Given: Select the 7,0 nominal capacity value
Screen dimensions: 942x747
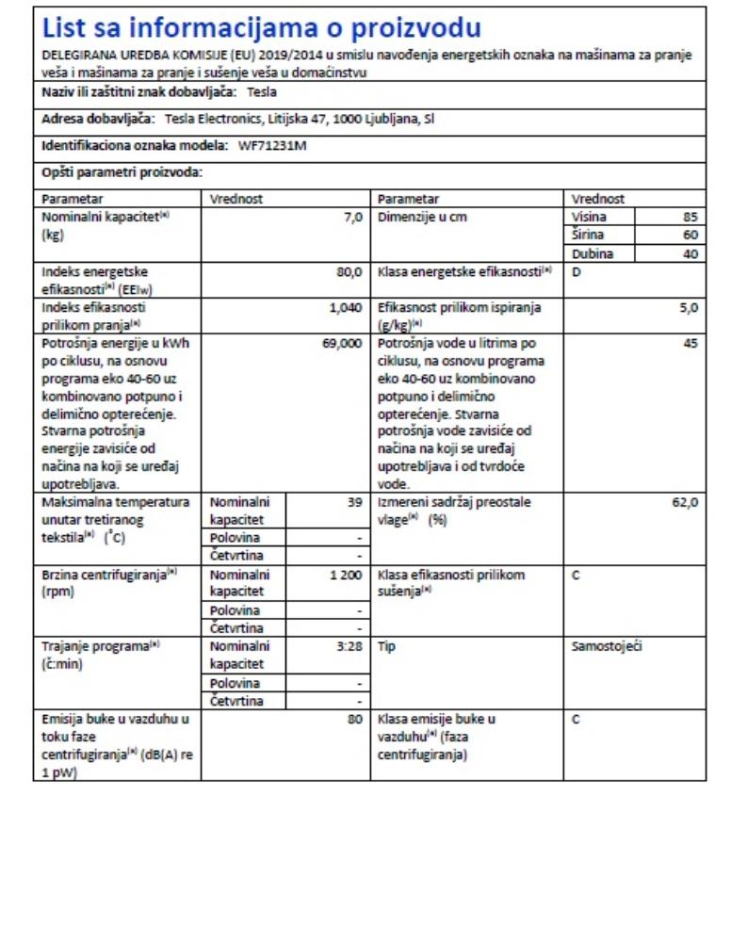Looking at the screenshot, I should pos(353,218).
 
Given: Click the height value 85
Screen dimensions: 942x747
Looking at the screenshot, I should pos(690,218).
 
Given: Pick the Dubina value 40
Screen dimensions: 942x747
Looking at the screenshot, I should pos(690,254).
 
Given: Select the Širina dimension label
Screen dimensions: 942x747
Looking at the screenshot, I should pos(588,235).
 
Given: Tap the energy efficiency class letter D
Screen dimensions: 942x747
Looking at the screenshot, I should pos(576,272).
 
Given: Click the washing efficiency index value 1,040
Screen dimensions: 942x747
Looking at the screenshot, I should pos(346,308).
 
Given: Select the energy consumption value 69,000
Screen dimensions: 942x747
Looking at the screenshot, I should pos(342,345).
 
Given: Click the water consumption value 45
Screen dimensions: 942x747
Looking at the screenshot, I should pos(690,345).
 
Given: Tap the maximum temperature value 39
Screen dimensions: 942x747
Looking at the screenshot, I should pos(355,503).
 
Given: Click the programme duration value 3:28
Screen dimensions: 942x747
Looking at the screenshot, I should pos(349,647).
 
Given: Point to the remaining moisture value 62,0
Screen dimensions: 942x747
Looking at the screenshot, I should pos(685,503).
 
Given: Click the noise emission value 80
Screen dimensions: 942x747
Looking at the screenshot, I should pos(355,720).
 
